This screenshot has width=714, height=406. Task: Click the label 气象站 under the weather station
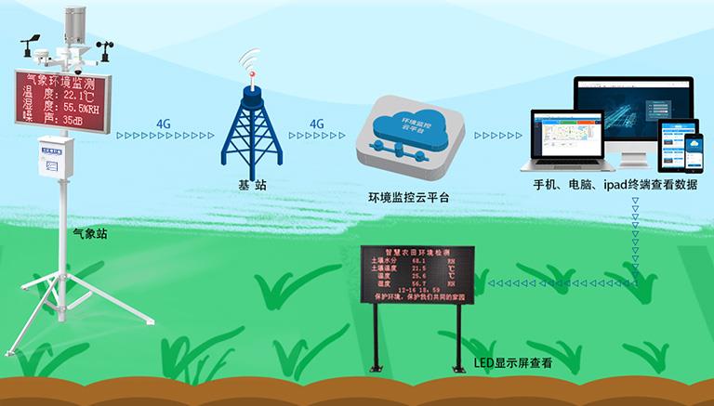[89, 234]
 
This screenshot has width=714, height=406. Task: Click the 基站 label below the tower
[252, 186]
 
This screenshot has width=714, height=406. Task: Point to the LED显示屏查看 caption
[512, 362]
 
